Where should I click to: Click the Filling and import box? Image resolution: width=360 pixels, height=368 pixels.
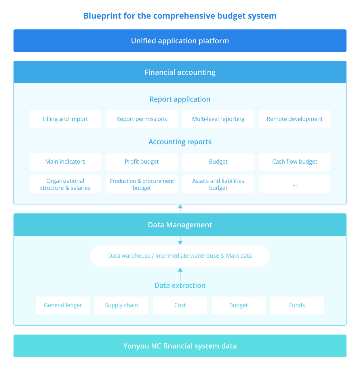point(65,119)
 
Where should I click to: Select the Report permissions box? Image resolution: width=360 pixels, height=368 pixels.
point(142,119)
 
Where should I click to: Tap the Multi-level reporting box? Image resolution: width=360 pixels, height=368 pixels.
point(218,119)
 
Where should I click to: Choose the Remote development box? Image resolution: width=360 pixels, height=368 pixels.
point(294,119)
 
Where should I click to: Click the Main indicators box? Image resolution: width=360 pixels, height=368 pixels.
point(65,162)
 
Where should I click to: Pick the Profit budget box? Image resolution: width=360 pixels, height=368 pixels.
point(142,162)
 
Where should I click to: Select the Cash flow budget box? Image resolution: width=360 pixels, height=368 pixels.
point(294,162)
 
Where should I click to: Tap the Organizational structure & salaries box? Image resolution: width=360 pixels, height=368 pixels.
point(65,184)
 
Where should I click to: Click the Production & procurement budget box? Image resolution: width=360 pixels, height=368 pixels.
point(142,184)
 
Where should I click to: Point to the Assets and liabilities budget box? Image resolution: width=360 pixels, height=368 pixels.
point(218,184)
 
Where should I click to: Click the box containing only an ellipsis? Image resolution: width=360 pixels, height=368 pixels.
point(294,184)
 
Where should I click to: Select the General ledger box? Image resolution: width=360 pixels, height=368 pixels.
point(63,305)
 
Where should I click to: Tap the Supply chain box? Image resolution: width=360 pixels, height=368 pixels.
point(121,305)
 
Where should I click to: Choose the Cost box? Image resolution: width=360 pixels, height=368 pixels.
point(180,305)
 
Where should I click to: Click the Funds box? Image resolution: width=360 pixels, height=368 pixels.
point(297,305)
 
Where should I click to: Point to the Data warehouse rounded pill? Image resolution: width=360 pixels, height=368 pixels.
point(180,256)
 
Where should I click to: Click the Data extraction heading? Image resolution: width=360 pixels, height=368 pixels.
point(180,285)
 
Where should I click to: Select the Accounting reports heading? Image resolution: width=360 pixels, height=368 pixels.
point(180,142)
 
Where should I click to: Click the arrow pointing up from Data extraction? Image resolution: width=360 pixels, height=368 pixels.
point(180,274)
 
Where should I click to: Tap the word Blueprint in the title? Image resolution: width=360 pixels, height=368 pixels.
point(102,16)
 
